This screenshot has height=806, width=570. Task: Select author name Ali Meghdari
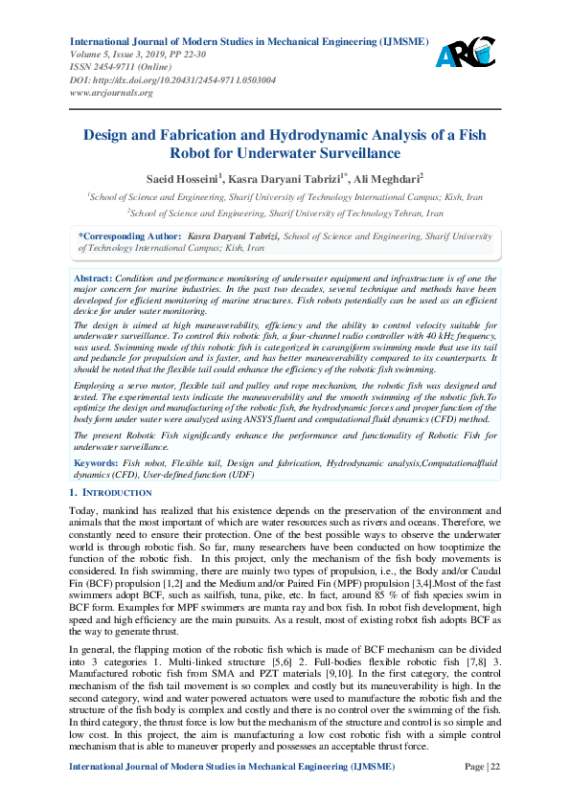[387, 178]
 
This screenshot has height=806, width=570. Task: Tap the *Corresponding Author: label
[129, 235]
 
